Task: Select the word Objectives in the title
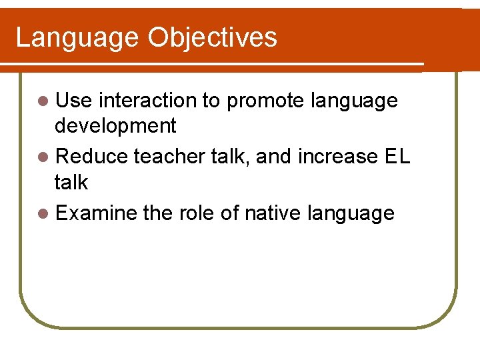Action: tap(213, 38)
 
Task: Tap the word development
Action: tap(115, 126)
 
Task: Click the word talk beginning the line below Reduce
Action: tap(71, 182)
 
